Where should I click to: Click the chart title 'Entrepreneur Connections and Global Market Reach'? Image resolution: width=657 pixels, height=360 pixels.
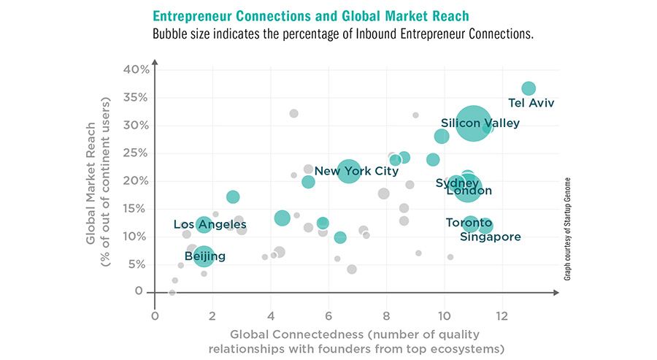[x=310, y=15]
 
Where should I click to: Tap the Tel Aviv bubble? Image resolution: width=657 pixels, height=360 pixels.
[x=529, y=88]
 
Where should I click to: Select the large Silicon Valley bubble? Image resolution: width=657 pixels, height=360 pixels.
[x=473, y=124]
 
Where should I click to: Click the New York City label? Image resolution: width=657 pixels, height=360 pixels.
[x=356, y=172]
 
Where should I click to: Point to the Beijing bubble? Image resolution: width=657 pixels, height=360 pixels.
[x=204, y=256]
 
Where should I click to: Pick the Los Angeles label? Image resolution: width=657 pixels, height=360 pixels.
[x=210, y=224]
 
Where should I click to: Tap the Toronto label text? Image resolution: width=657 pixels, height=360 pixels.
[x=468, y=223]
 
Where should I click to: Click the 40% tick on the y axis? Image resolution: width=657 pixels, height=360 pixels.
[x=136, y=69]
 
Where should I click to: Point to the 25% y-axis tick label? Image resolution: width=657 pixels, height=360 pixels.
[x=136, y=153]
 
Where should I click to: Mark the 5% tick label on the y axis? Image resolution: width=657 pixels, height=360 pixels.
[x=139, y=264]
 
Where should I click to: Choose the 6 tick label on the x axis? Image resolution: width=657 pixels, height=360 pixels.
[x=328, y=316]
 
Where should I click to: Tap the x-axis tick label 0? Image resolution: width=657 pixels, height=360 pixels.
[x=155, y=316]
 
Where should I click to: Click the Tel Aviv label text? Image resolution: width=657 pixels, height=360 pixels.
[x=531, y=103]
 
